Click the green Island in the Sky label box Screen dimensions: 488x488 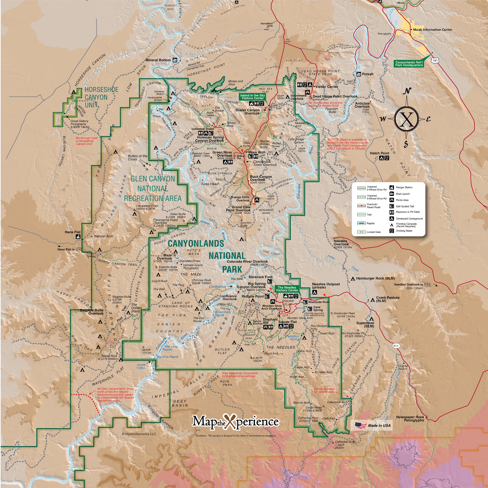pos(253,97)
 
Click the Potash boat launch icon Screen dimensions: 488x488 pos(359,74)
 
